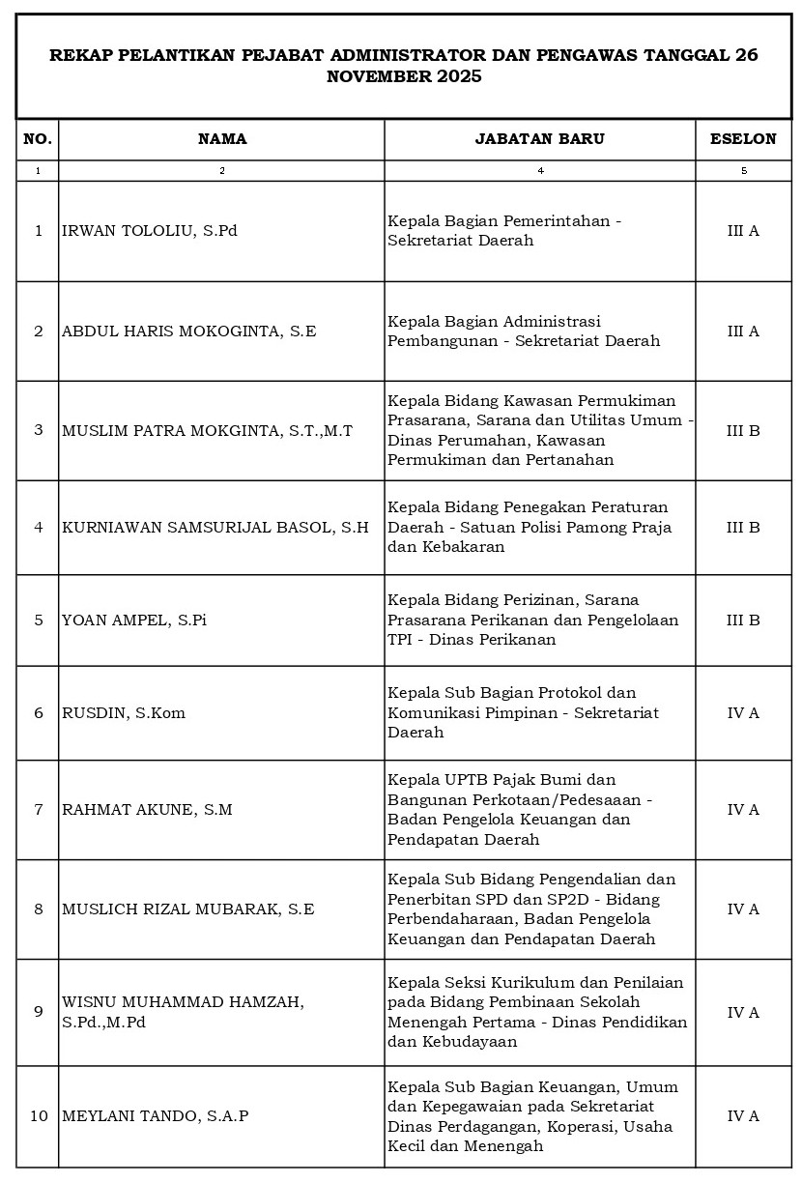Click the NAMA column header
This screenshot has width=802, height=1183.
click(x=222, y=139)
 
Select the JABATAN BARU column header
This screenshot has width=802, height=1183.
click(x=539, y=139)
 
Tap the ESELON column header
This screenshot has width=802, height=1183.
click(x=743, y=139)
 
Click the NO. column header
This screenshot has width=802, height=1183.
click(x=38, y=139)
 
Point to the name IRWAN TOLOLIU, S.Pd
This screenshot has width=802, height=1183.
click(x=150, y=231)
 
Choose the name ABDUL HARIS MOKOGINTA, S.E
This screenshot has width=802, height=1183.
click(x=188, y=332)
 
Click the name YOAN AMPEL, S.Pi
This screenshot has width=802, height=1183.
click(x=134, y=620)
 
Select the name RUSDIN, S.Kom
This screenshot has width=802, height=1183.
click(x=124, y=713)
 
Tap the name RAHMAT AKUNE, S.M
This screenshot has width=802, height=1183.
click(x=147, y=810)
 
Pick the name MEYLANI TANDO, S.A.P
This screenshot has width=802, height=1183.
click(x=156, y=1116)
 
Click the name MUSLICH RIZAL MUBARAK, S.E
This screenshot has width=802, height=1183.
click(x=187, y=909)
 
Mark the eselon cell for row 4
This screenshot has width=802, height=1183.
click(x=743, y=528)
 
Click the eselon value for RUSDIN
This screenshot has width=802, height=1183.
click(x=743, y=713)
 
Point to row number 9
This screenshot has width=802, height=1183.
click(x=39, y=1012)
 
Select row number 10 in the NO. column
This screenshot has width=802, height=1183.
click(x=39, y=1116)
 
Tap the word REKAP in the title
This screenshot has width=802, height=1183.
click(x=75, y=56)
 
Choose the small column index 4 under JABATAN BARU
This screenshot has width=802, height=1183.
click(x=540, y=171)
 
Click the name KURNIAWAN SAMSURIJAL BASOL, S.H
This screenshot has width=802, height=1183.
click(x=215, y=528)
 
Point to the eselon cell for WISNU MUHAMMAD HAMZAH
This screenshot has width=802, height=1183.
click(x=743, y=1013)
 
